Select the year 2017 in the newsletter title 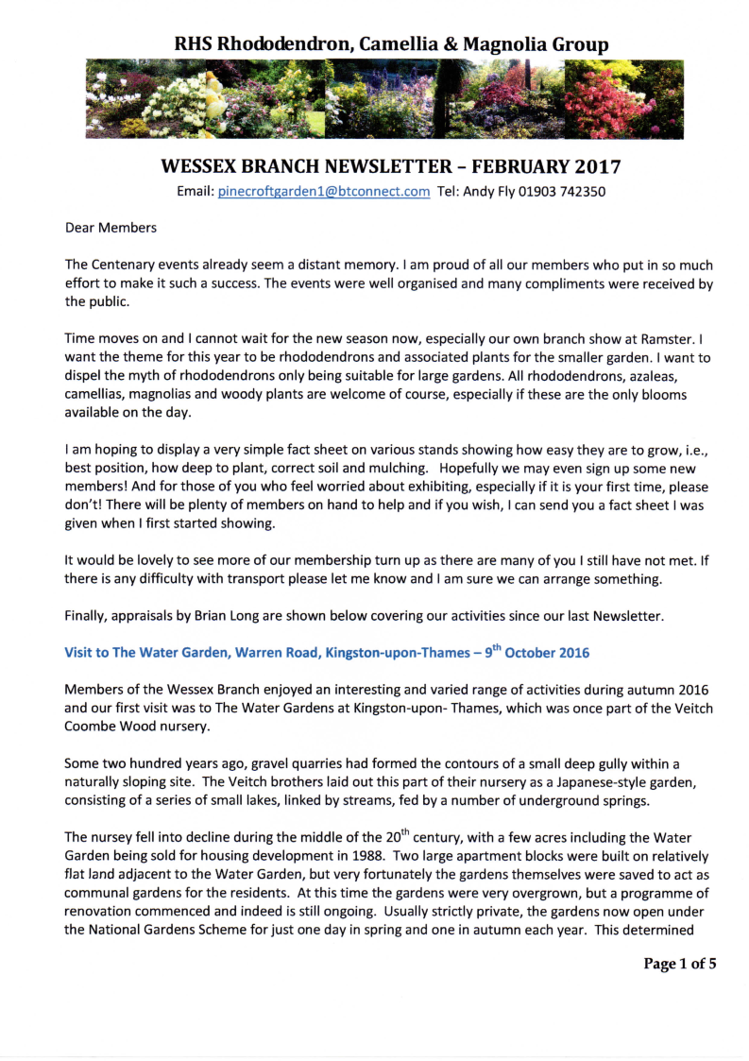point(594,167)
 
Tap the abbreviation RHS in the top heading point(195,43)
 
